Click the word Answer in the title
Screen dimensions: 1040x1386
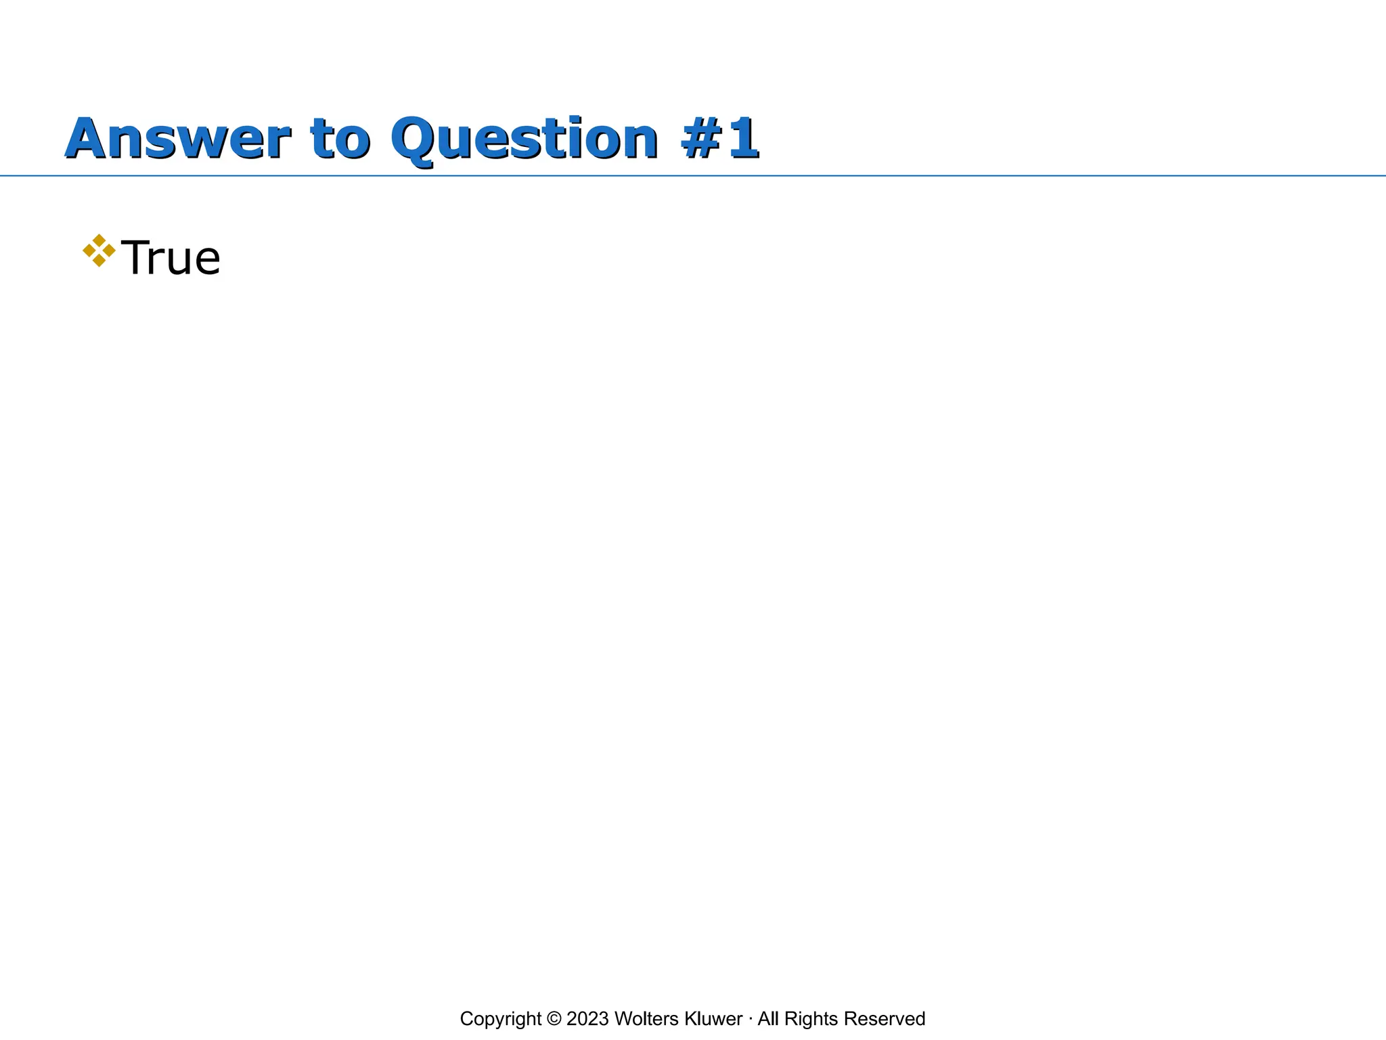point(178,139)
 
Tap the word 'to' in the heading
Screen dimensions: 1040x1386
point(340,139)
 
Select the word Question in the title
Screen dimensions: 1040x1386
point(524,139)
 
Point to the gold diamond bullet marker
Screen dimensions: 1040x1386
point(99,251)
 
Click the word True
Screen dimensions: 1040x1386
point(170,258)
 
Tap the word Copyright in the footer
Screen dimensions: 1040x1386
point(500,1018)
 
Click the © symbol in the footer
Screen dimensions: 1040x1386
point(554,1018)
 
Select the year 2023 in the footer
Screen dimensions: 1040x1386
point(588,1018)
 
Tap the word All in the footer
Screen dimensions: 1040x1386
point(768,1018)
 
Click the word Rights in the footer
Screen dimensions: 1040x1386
point(811,1018)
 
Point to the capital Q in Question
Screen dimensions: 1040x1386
point(414,140)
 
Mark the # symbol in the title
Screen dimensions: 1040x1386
point(702,139)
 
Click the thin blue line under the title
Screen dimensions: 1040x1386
point(1015,176)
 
